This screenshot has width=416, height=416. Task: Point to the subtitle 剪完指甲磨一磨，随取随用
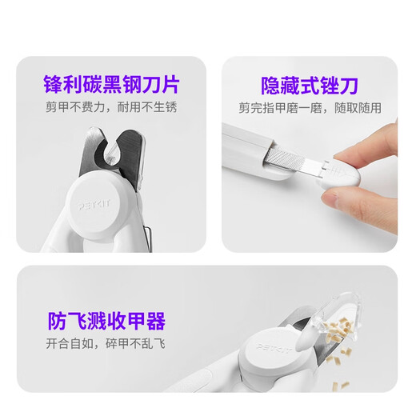pos(310,108)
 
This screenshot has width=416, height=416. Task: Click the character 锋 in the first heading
pos(53,82)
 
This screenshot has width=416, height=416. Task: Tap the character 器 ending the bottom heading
pos(156,322)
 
